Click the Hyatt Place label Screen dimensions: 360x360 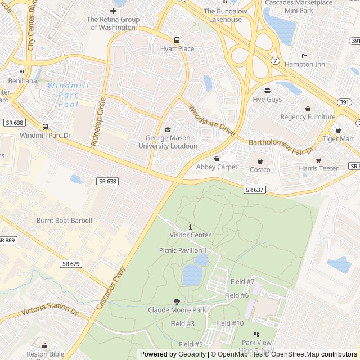[x=177, y=49]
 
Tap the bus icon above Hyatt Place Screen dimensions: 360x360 [x=177, y=40]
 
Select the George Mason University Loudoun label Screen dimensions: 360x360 [x=168, y=142]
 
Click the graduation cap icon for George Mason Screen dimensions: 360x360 [x=167, y=130]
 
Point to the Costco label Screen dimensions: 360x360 [x=260, y=170]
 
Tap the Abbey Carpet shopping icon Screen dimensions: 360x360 [x=217, y=159]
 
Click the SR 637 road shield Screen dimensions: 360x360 [x=254, y=190]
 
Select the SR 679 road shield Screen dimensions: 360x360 [x=71, y=263]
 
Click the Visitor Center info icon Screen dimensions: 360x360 [x=190, y=226]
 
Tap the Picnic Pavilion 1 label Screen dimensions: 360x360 [x=183, y=250]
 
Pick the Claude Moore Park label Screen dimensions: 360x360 [x=177, y=310]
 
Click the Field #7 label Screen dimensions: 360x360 [x=242, y=281]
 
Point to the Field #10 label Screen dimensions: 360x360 [x=230, y=323]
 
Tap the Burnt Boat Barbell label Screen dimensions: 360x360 [x=64, y=220]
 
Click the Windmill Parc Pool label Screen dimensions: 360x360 [x=69, y=95]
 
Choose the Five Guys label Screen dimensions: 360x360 [x=267, y=100]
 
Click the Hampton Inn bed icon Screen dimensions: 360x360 [x=304, y=56]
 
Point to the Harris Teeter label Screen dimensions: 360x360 [x=318, y=168]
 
